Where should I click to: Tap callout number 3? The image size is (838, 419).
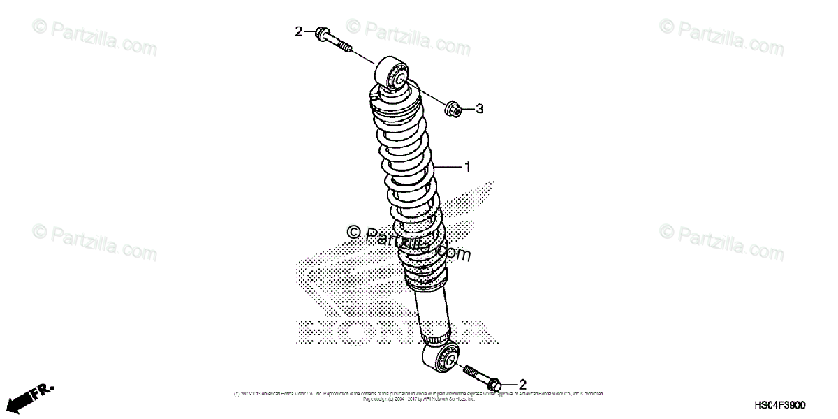(480, 109)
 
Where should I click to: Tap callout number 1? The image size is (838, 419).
(467, 167)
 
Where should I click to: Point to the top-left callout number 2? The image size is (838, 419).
(298, 31)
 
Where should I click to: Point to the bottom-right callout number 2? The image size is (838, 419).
(522, 384)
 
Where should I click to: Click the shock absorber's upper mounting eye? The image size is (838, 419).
(392, 74)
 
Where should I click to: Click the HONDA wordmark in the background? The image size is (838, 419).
(391, 332)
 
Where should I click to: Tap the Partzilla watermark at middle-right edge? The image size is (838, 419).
(723, 241)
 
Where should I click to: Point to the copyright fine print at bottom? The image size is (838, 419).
(419, 396)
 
